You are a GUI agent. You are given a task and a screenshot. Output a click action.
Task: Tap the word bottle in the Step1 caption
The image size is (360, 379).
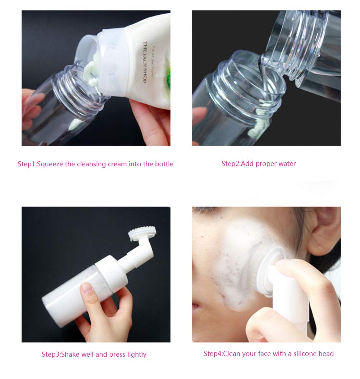click(x=164, y=164)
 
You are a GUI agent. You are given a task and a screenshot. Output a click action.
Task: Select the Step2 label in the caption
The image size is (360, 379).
click(x=230, y=164)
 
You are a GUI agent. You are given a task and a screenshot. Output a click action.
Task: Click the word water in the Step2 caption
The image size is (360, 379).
click(x=287, y=164)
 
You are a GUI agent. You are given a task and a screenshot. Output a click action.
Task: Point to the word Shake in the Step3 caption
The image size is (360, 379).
click(x=70, y=355)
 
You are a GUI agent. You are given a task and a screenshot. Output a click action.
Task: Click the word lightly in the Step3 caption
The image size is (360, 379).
click(x=137, y=355)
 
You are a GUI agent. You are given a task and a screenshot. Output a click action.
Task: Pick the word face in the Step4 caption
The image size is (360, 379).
click(x=264, y=354)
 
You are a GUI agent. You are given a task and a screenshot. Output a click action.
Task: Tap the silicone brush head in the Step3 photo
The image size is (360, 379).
click(x=142, y=231)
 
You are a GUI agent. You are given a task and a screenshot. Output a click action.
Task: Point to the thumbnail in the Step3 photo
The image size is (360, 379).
click(x=87, y=288)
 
